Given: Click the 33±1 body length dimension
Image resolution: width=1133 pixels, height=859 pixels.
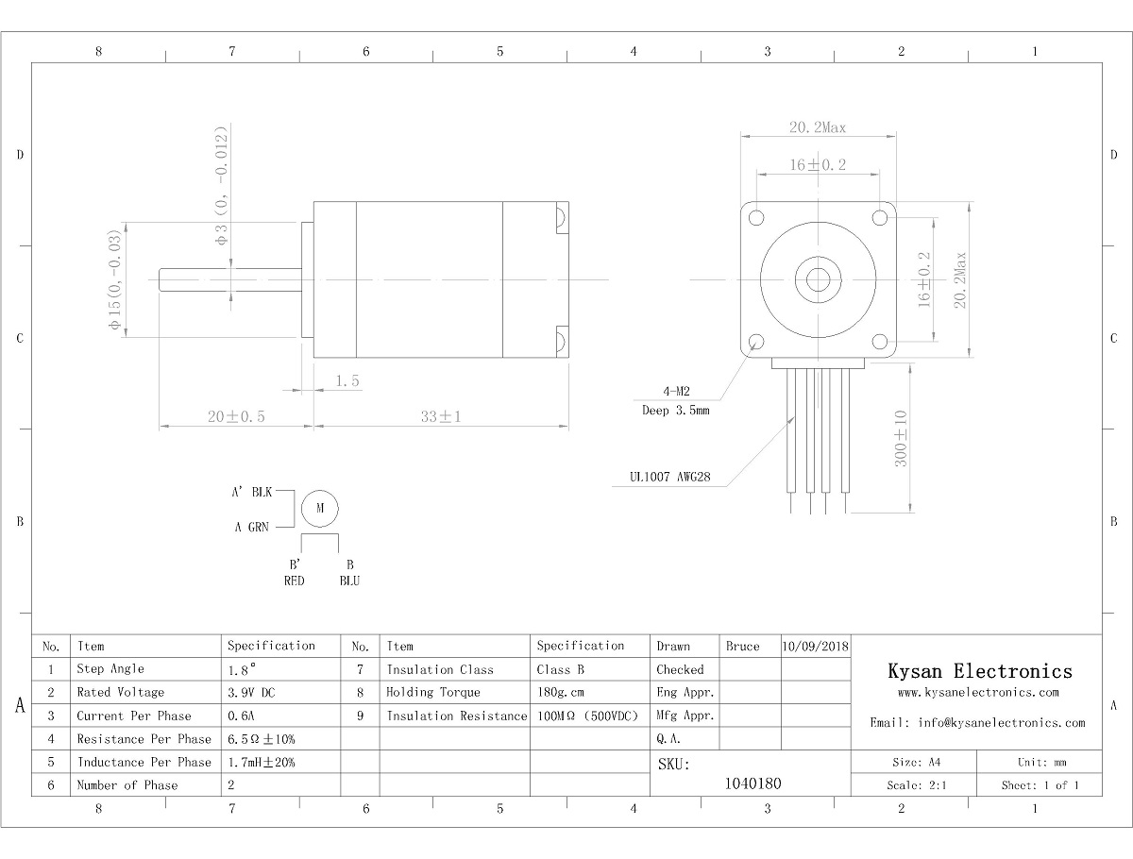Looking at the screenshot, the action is click(441, 416).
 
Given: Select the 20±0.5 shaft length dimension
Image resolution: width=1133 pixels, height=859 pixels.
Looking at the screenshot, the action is click(236, 416).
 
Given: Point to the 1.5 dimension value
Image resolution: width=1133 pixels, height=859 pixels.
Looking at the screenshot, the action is click(347, 380).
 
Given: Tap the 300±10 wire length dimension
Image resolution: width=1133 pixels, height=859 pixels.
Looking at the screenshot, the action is click(900, 438).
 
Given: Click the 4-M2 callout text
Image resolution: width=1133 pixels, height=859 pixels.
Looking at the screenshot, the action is click(676, 391).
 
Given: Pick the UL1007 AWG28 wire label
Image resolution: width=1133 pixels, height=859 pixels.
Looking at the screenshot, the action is click(669, 477).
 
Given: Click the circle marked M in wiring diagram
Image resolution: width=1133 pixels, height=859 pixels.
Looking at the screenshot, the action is click(320, 508).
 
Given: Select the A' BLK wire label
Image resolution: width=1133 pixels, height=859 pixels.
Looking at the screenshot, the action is click(251, 492).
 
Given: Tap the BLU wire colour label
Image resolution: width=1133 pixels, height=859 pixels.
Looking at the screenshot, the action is click(349, 581).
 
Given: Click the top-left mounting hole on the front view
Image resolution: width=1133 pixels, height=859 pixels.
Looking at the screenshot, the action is click(756, 218).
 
